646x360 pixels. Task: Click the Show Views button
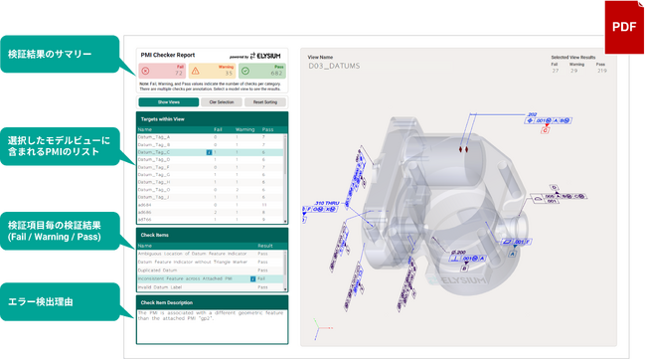[167, 102]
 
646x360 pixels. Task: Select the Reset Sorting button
[265, 102]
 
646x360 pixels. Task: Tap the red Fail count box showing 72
[160, 71]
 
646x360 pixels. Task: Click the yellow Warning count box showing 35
[212, 71]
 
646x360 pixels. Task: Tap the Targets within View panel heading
[163, 118]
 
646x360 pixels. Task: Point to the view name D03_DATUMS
[334, 67]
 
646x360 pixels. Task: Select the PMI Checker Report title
[169, 55]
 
